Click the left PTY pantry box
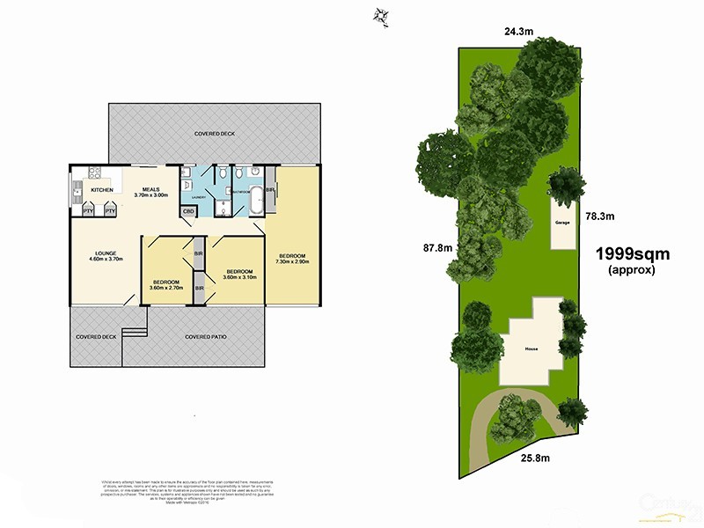(x=88, y=211)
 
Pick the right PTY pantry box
(x=110, y=211)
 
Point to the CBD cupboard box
(x=188, y=211)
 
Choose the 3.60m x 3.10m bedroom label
(x=240, y=274)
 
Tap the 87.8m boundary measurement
(x=437, y=248)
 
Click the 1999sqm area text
(x=633, y=254)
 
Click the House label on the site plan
(x=532, y=349)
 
